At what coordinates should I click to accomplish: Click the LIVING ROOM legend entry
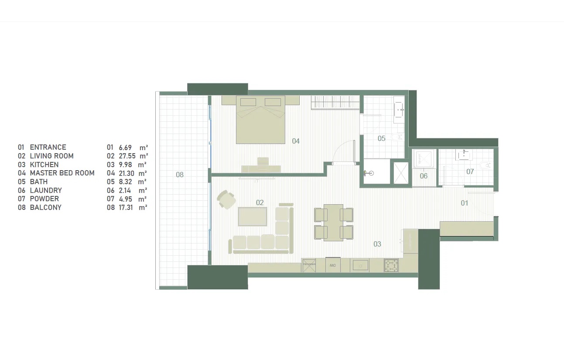pyautogui.click(x=51, y=156)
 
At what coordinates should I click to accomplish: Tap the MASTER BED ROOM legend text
pyautogui.click(x=62, y=173)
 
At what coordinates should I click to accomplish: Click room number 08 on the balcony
pyautogui.click(x=180, y=175)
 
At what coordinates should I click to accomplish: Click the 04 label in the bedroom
pyautogui.click(x=296, y=141)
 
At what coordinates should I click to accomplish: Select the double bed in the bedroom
pyautogui.click(x=260, y=120)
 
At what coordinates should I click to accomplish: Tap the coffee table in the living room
pyautogui.click(x=252, y=216)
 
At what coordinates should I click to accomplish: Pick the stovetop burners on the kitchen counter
pyautogui.click(x=391, y=265)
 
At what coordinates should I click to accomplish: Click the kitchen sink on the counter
pyautogui.click(x=360, y=265)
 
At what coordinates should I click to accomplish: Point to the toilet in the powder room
pyautogui.click(x=485, y=165)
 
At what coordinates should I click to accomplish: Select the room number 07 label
pyautogui.click(x=470, y=171)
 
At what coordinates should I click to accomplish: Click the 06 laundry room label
pyautogui.click(x=424, y=176)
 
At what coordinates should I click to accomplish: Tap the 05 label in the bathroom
pyautogui.click(x=382, y=138)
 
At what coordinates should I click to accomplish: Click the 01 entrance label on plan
pyautogui.click(x=464, y=203)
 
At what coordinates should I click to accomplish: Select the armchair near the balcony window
pyautogui.click(x=226, y=199)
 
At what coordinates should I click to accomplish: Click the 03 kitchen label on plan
pyautogui.click(x=377, y=244)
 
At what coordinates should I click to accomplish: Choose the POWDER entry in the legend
pyautogui.click(x=44, y=199)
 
